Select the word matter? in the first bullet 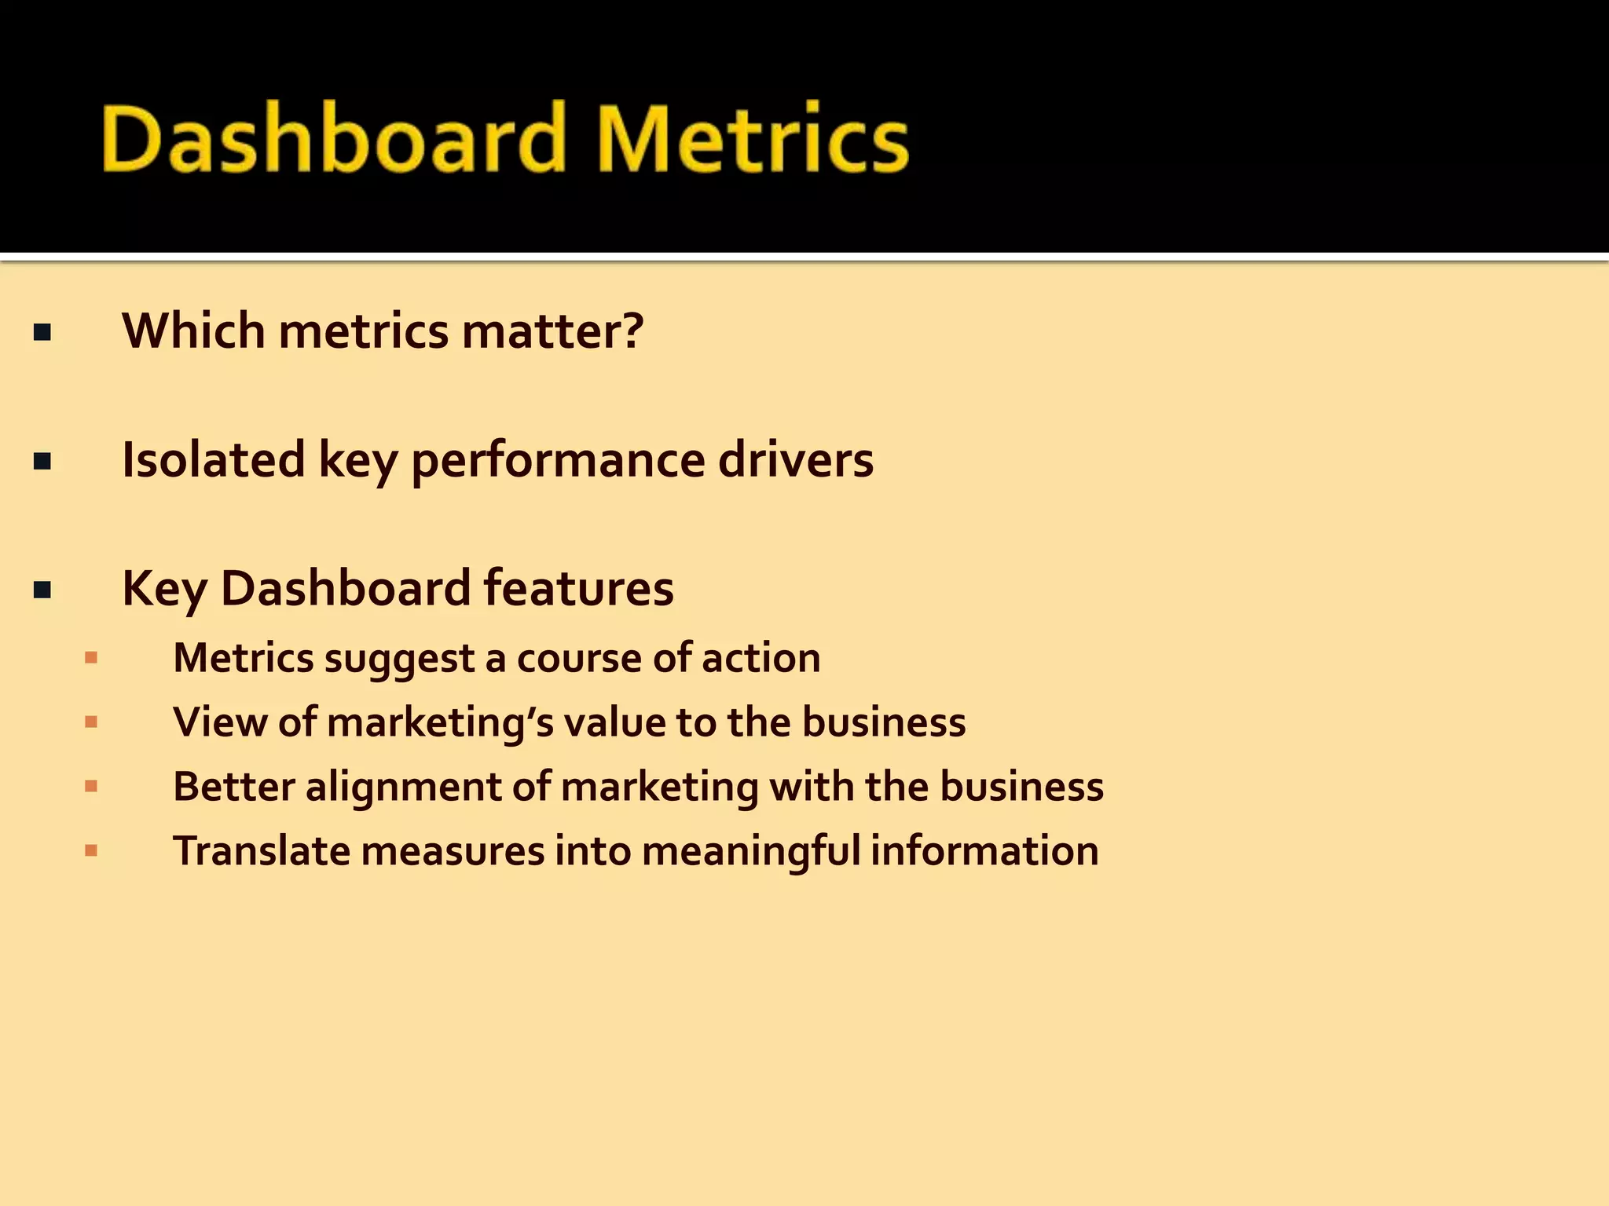[552, 331]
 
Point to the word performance [558, 461]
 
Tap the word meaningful [750, 852]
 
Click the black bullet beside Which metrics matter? [42, 333]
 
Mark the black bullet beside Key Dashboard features [42, 590]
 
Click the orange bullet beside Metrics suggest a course [91, 658]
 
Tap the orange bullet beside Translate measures [91, 850]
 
